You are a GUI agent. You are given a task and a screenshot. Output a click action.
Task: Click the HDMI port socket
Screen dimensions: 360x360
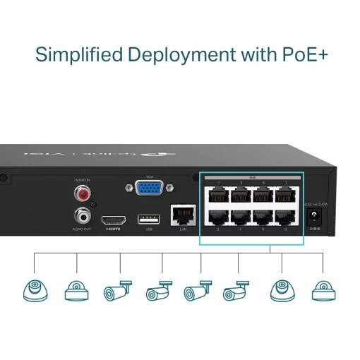113,219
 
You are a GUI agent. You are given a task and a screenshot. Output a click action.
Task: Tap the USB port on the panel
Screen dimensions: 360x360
149,218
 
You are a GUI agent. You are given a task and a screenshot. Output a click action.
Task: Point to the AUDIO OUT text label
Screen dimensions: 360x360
82,229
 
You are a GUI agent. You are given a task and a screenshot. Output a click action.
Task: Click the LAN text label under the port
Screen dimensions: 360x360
183,229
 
